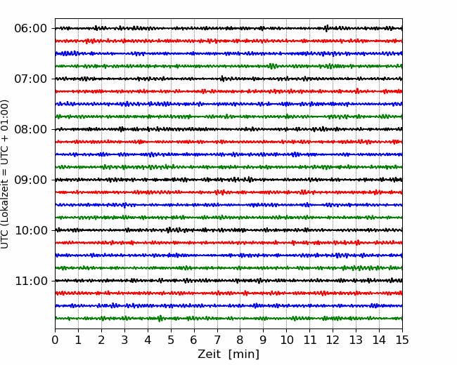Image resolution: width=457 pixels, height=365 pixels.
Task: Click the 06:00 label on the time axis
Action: [31, 29]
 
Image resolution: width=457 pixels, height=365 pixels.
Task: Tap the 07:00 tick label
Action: [31, 79]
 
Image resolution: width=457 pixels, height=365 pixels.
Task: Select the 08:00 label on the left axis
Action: [31, 129]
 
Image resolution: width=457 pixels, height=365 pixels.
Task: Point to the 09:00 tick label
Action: [31, 180]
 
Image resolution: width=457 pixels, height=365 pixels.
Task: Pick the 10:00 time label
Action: [31, 230]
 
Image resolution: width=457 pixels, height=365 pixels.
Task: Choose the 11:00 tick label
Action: [31, 281]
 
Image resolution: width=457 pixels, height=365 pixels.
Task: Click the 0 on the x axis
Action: [55, 340]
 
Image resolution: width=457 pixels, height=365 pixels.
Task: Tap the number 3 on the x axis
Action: [124, 340]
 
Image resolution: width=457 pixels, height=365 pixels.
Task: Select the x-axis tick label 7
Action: [217, 340]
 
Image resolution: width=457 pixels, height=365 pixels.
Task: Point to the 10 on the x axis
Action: [286, 340]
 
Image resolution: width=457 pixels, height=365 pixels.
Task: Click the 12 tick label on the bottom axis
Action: [333, 340]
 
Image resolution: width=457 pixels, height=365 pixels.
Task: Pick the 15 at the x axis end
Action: [402, 340]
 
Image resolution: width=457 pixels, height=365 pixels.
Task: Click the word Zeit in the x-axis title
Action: [210, 354]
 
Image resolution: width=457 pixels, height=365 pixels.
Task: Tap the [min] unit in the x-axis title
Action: [244, 354]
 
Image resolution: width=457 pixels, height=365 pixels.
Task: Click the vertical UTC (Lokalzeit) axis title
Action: [5, 174]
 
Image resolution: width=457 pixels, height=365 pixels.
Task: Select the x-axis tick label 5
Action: [171, 340]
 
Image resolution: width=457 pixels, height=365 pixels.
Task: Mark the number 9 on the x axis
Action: [264, 340]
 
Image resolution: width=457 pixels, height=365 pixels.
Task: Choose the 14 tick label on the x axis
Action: [379, 340]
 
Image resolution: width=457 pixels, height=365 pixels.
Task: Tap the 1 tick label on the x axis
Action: [78, 340]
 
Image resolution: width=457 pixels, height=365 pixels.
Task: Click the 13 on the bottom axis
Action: [356, 340]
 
